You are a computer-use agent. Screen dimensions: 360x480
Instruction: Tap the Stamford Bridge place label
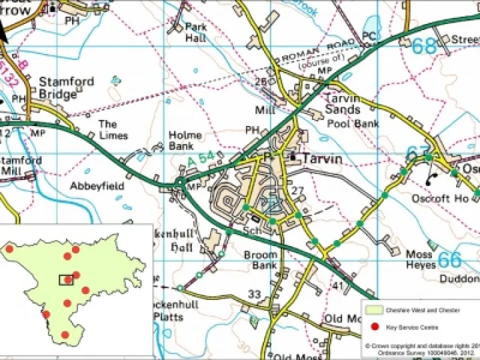click(x=67, y=87)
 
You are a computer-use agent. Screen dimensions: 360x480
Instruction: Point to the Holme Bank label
click(x=185, y=141)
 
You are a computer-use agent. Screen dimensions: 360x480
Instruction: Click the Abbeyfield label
click(x=97, y=187)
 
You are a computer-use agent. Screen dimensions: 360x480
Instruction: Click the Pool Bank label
click(x=353, y=124)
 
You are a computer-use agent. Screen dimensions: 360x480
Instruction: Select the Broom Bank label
click(x=260, y=260)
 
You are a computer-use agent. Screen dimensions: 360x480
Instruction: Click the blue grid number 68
click(x=425, y=46)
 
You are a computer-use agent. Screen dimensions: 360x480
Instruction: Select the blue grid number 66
click(x=450, y=259)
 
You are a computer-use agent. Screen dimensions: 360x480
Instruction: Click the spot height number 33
click(x=254, y=294)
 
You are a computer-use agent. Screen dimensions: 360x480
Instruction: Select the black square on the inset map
click(x=66, y=280)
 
